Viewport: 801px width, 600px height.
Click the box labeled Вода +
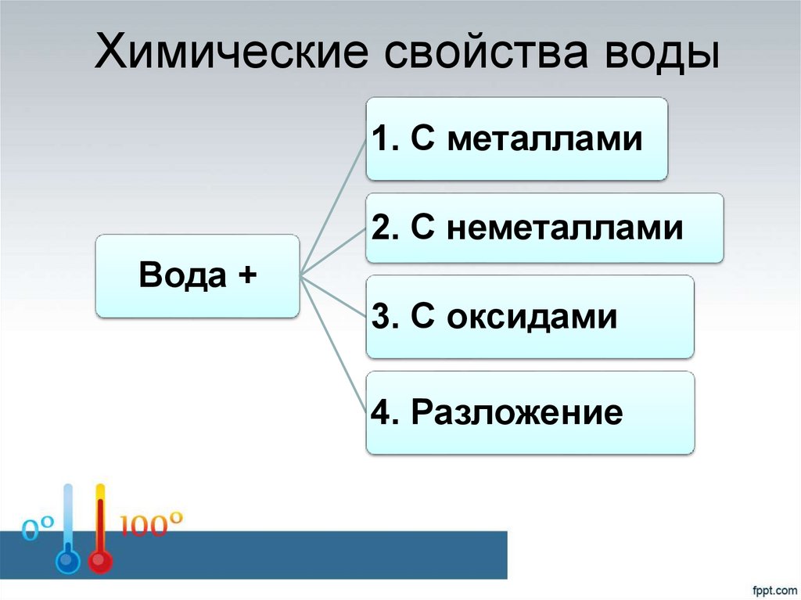coord(197,276)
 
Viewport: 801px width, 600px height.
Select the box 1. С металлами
coord(517,139)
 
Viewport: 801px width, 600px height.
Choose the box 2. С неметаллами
coord(544,228)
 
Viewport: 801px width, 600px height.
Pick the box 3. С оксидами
coord(530,317)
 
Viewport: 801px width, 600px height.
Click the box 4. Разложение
coord(530,412)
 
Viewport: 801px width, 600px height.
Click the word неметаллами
coord(566,228)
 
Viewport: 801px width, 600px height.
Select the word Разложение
coord(518,412)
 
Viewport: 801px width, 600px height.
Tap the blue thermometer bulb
coord(68,562)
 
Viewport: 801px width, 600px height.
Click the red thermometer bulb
coord(99,562)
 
